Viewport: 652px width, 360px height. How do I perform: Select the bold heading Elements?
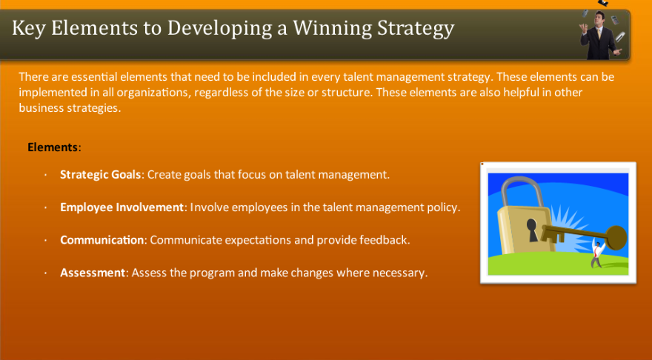tap(53, 147)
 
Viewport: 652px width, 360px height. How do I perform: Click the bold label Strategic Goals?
tap(101, 175)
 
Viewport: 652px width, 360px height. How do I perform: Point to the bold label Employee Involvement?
tap(122, 207)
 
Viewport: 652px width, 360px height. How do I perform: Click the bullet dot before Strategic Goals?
tap(45, 176)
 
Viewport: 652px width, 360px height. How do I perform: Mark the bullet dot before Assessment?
tap(45, 273)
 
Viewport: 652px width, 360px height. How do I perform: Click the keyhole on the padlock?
tap(531, 226)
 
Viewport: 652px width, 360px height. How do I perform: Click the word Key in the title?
tap(27, 29)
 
